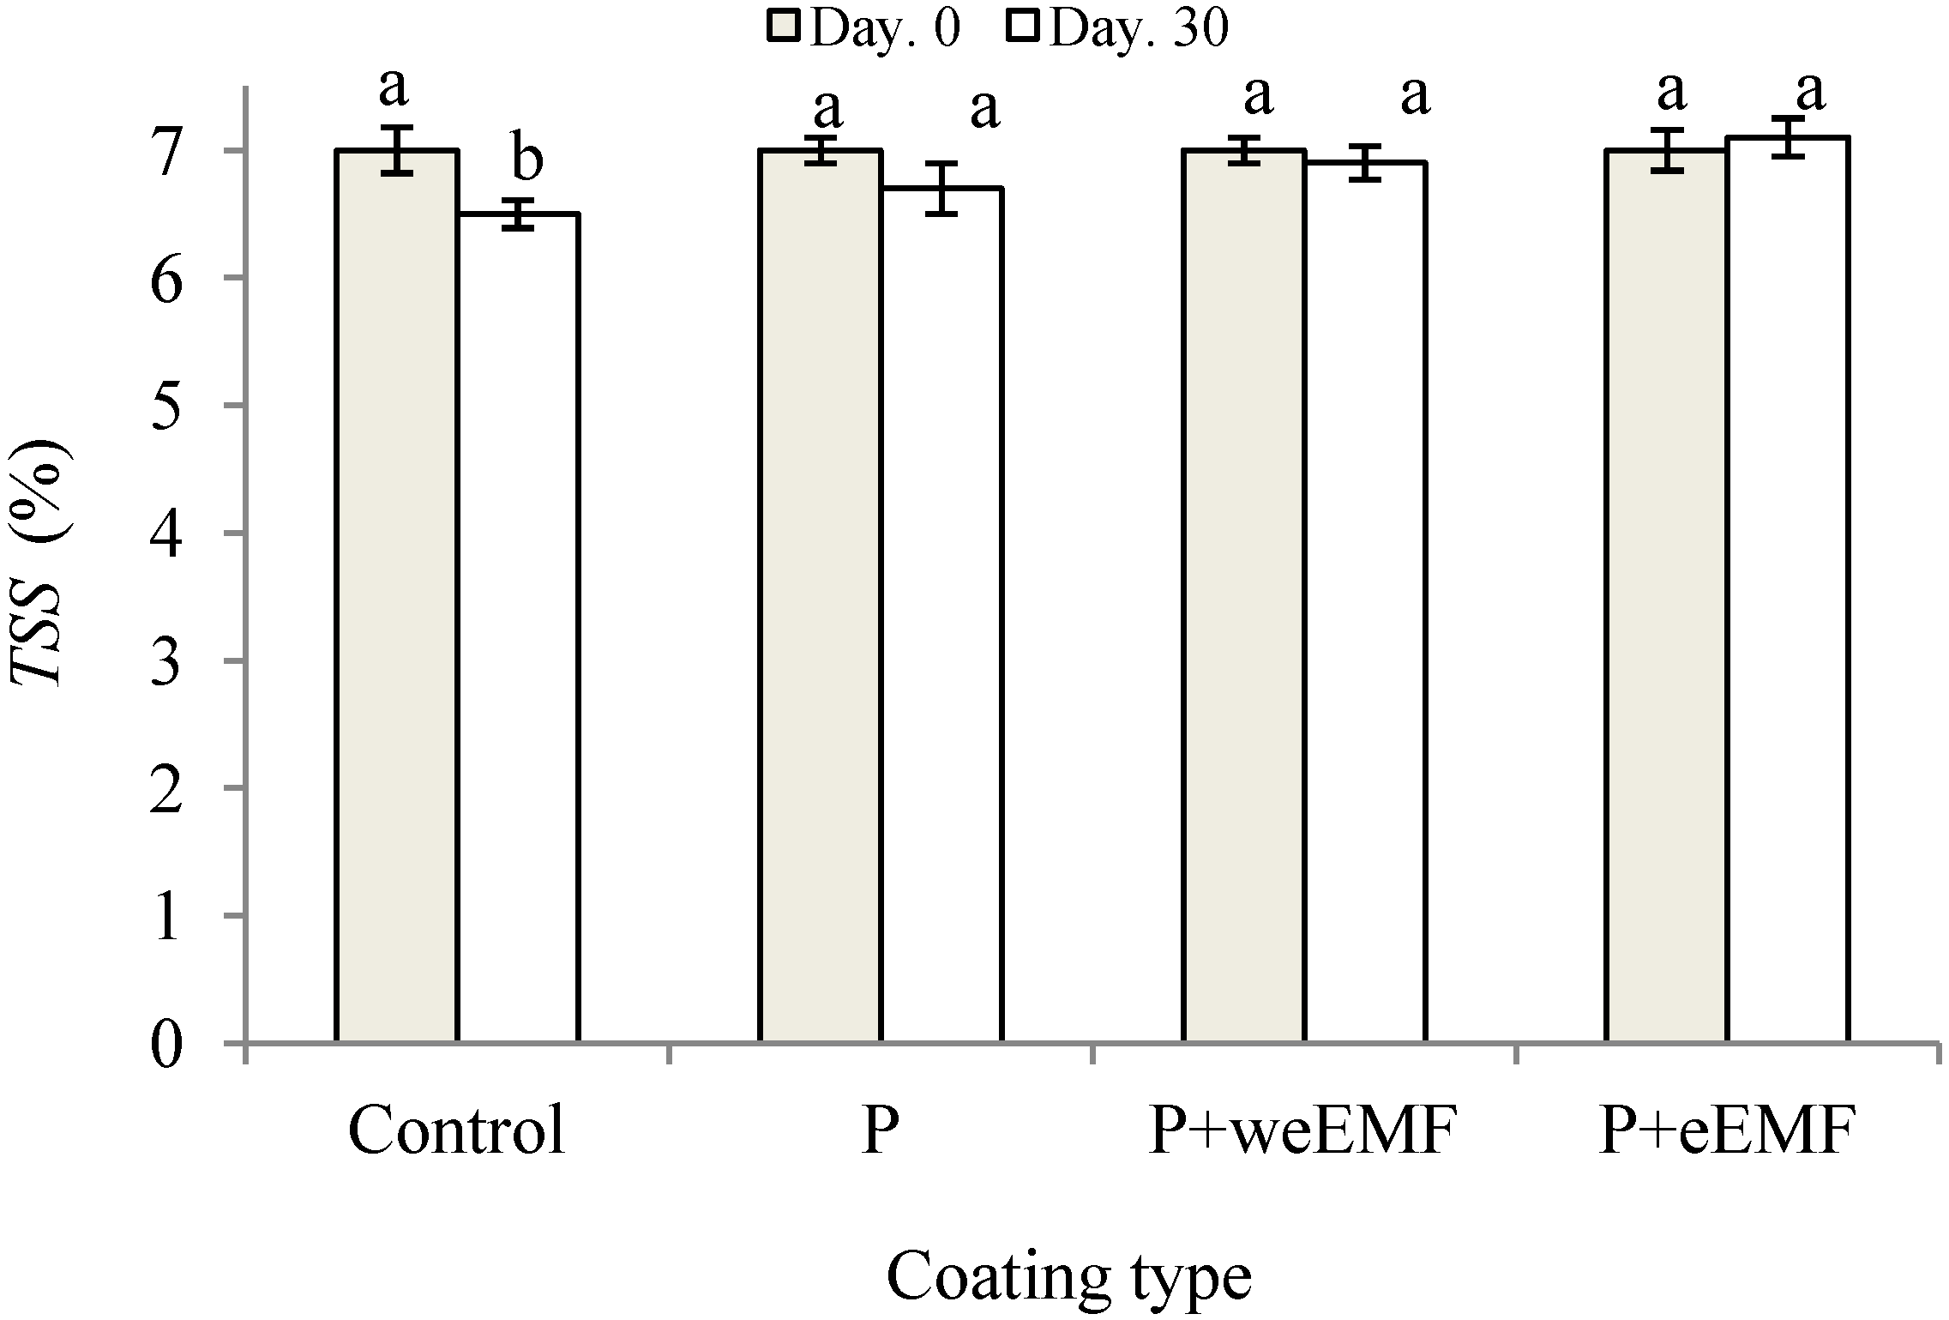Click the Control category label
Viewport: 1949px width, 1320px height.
point(456,1130)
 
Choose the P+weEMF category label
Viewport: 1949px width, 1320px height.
point(1302,1130)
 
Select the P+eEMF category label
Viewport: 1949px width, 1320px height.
point(1727,1130)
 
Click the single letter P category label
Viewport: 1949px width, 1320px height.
point(880,1130)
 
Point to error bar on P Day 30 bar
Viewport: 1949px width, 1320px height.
point(941,188)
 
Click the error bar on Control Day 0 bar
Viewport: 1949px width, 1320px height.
point(397,150)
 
